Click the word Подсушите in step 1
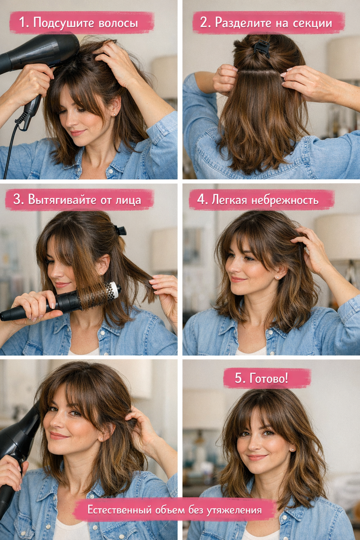[x=63, y=23]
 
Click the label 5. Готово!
[x=261, y=378]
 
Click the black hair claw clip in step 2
[x=261, y=49]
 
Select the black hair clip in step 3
[x=120, y=230]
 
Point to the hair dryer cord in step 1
[x=11, y=144]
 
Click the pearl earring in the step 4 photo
[x=277, y=278]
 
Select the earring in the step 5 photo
[x=293, y=450]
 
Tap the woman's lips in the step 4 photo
[x=237, y=279]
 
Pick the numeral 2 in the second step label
[x=203, y=23]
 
